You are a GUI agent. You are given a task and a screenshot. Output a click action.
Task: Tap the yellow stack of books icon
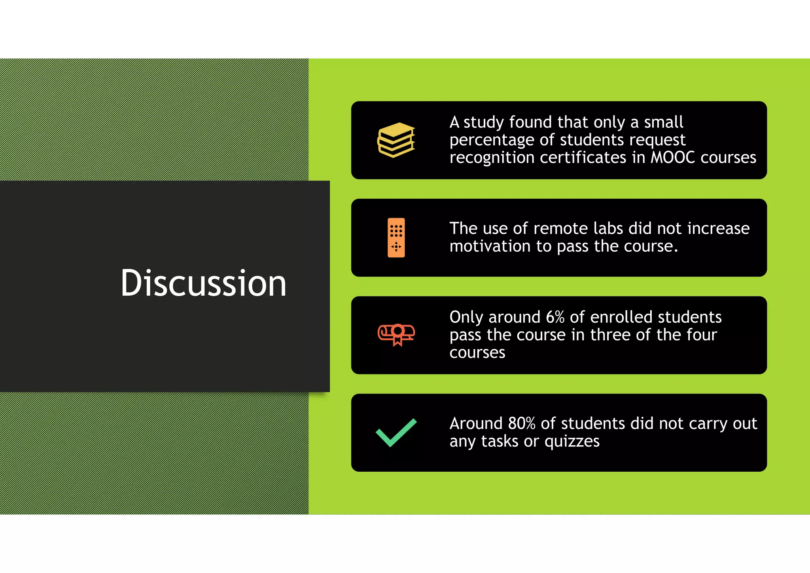click(x=396, y=140)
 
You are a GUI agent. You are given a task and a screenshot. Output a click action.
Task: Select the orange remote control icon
click(x=396, y=237)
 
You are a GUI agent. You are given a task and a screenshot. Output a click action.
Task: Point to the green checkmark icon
click(x=396, y=433)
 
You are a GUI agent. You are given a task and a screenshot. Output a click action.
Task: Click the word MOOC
click(x=672, y=157)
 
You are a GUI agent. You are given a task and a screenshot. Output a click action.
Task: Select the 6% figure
click(x=555, y=317)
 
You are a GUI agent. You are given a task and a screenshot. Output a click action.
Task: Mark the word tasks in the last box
click(x=500, y=441)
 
